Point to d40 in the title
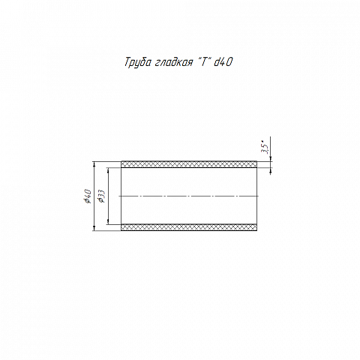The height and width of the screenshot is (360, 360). click(x=223, y=62)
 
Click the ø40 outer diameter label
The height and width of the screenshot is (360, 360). click(x=88, y=196)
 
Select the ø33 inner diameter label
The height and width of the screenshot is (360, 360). click(x=102, y=196)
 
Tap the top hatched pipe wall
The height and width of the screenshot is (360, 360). click(x=189, y=164)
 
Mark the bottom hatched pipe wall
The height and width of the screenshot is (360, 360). click(x=189, y=227)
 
